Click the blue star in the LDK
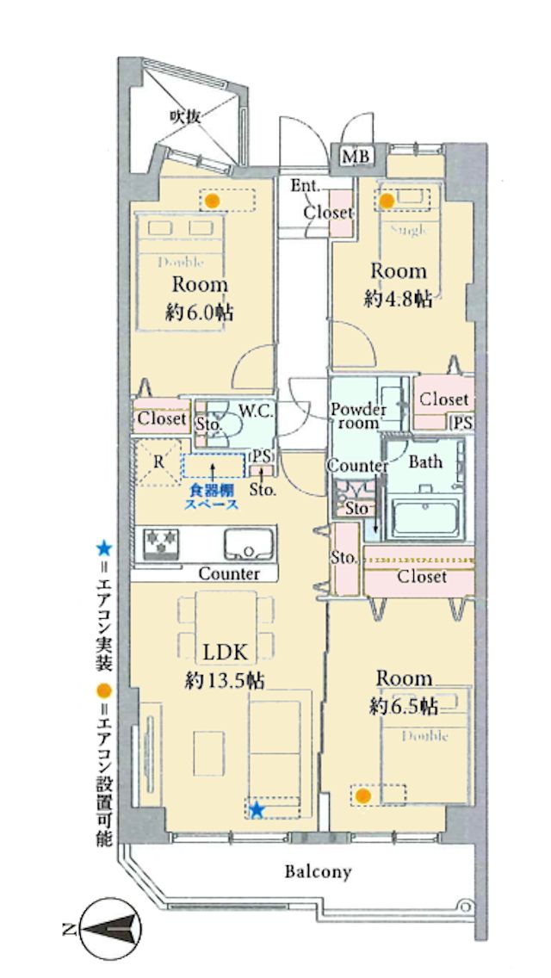(x=257, y=809)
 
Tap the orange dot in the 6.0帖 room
(x=212, y=201)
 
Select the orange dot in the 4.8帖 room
(x=387, y=201)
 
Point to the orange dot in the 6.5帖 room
(x=362, y=795)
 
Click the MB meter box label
(x=357, y=157)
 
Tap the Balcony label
(x=319, y=871)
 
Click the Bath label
(x=425, y=461)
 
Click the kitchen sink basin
(x=249, y=545)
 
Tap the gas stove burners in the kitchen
(x=161, y=543)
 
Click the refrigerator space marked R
(x=158, y=462)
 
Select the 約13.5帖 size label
(x=225, y=681)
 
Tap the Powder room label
(x=359, y=416)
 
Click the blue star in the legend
(x=103, y=549)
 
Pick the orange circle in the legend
(x=103, y=690)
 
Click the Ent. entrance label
(x=306, y=185)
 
